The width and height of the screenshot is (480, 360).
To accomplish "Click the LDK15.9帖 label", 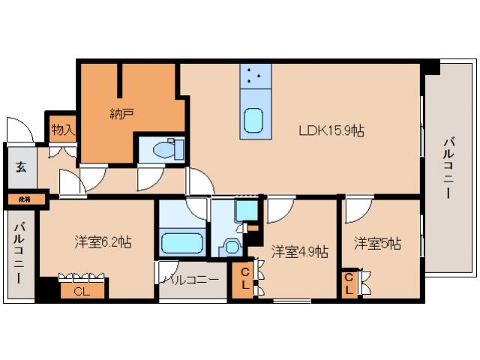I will pos(331,130).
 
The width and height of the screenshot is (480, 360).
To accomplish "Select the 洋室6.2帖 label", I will pos(103,242).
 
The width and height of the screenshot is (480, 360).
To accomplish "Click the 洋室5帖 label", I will pos(377,244).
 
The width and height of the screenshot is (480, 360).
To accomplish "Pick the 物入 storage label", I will pos(63,130).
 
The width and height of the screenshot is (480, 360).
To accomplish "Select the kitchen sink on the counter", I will pos(254,120).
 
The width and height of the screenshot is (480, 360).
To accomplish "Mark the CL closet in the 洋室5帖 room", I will pos(349,284).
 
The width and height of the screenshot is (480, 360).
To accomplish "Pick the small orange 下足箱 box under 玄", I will pos(24,199).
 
